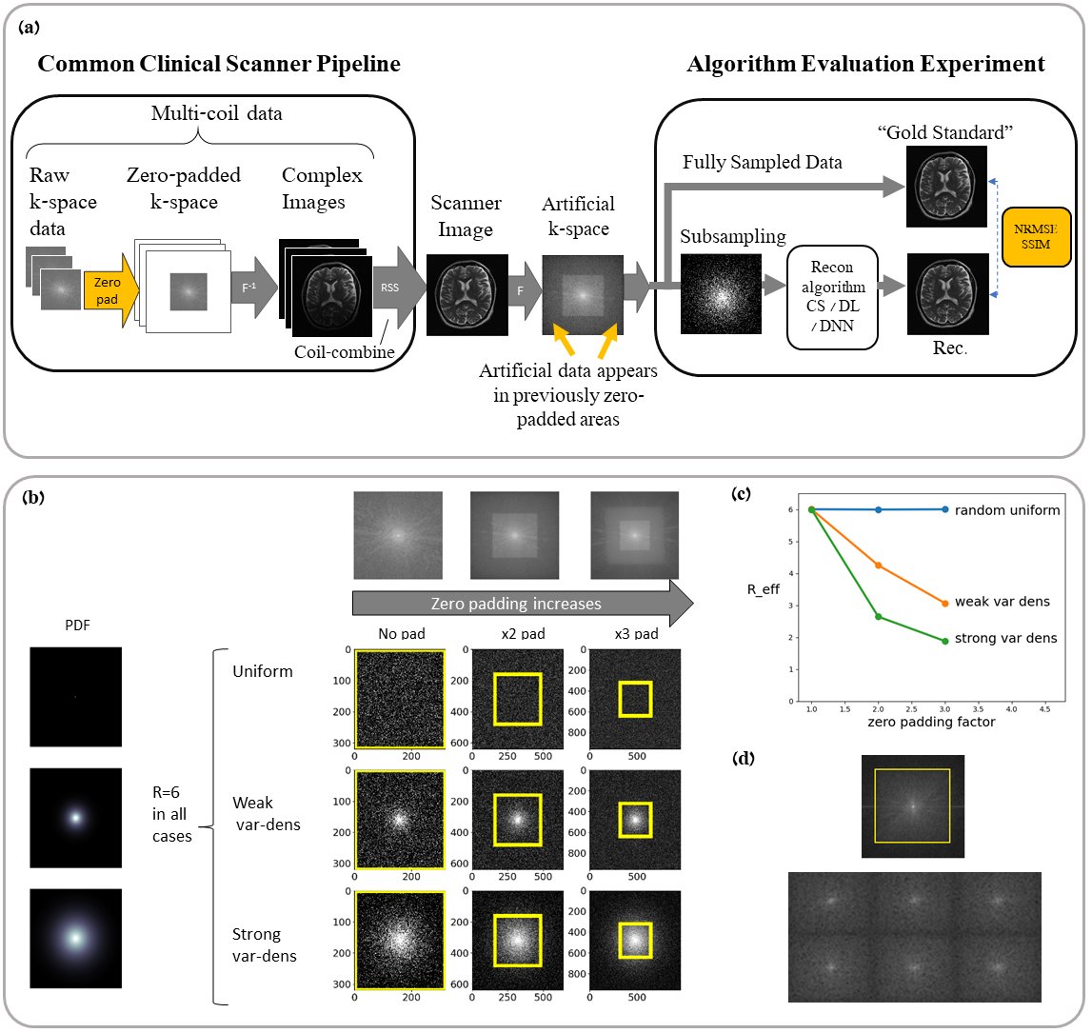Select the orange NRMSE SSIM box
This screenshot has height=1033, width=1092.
pos(1036,236)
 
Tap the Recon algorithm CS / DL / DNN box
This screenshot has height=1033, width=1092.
pos(832,297)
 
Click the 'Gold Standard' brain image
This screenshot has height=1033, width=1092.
pos(946,186)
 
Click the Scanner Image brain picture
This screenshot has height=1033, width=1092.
pos(467,295)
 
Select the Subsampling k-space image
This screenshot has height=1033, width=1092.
pos(721,293)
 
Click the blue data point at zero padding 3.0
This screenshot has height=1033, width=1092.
pos(944,509)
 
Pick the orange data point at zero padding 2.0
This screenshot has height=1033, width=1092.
pos(879,566)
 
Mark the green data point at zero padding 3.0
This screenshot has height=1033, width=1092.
pos(944,641)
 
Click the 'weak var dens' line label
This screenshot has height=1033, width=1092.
pos(1002,602)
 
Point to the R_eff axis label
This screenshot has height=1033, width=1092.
pos(763,589)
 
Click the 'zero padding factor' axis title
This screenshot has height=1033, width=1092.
pos(930,722)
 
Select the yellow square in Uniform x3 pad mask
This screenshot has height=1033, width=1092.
pos(635,699)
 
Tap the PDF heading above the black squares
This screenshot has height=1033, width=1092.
pos(77,626)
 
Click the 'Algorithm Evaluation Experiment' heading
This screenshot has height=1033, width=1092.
pos(865,64)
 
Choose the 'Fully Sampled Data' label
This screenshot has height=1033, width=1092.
pos(762,162)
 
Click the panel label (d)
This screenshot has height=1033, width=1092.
pos(742,759)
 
